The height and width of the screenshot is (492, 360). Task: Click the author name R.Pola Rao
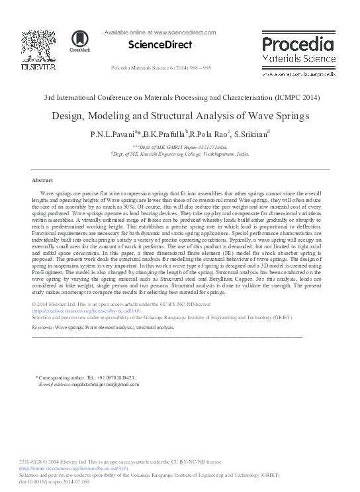coord(211,134)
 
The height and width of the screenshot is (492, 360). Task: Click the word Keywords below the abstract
coord(43,327)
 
